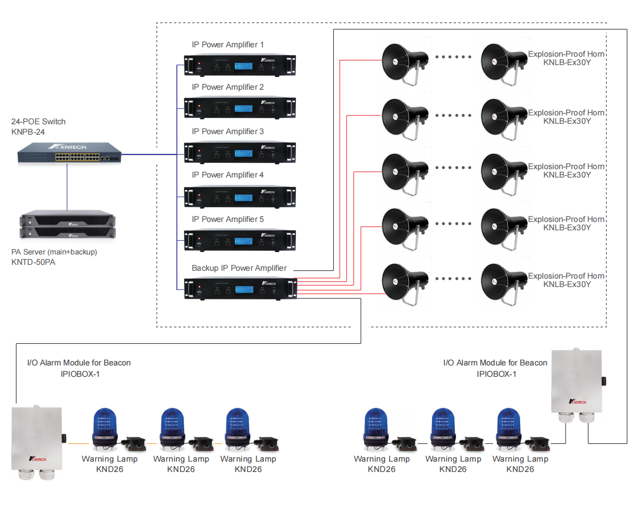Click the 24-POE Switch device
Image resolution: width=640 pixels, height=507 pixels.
pyautogui.click(x=69, y=154)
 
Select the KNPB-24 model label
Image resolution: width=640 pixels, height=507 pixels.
pyautogui.click(x=28, y=132)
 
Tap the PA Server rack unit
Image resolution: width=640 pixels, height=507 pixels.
pyautogui.click(x=68, y=225)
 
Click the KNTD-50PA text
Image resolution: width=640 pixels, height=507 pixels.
pyautogui.click(x=33, y=262)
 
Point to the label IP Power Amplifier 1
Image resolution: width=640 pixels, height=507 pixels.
pyautogui.click(x=227, y=45)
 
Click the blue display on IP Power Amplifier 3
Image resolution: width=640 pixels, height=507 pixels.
pyautogui.click(x=243, y=153)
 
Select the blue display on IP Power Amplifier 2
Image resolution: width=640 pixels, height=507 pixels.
pyautogui.click(x=243, y=109)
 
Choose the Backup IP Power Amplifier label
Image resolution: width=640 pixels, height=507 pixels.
pyautogui.click(x=239, y=268)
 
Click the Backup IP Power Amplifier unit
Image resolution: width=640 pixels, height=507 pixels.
pyautogui.click(x=240, y=289)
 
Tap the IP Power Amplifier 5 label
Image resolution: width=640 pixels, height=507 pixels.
pyautogui.click(x=227, y=219)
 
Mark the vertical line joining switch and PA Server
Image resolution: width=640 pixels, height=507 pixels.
pyautogui.click(x=67, y=187)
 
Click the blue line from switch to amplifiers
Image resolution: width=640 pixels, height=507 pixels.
pyautogui.click(x=148, y=154)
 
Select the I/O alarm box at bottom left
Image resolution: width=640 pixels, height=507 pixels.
pyautogui.click(x=37, y=439)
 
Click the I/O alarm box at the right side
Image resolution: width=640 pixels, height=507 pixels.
pyautogui.click(x=576, y=382)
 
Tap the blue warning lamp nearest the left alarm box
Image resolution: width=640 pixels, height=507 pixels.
pyautogui.click(x=105, y=427)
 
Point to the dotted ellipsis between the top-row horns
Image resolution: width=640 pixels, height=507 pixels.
pyautogui.click(x=453, y=57)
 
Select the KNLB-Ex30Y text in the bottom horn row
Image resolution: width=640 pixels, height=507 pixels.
pyautogui.click(x=567, y=285)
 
